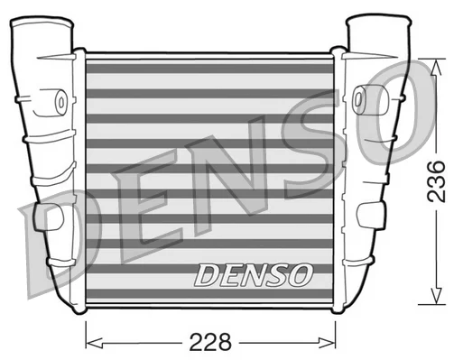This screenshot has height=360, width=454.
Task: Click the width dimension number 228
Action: pos(210,342)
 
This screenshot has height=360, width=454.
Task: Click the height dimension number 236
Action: pos(436,181)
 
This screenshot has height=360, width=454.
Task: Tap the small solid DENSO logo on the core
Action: pos(254,274)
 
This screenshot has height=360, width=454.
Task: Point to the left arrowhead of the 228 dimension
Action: pos(94,342)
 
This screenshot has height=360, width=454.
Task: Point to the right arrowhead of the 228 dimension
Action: pos(327,342)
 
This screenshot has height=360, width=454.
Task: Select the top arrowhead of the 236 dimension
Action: pos(436,68)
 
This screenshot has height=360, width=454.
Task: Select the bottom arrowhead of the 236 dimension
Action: pos(436,295)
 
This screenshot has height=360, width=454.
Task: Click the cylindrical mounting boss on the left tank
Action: pos(58,102)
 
